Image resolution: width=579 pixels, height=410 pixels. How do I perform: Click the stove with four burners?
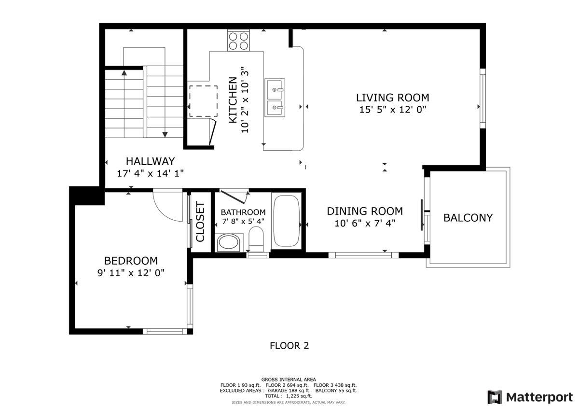pos(239,41)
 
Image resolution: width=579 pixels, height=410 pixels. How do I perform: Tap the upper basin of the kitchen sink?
pos(275,89)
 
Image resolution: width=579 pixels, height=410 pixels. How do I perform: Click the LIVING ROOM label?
pos(392,98)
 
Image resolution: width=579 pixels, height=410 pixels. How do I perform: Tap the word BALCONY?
pos(468,218)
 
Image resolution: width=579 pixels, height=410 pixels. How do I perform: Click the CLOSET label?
pos(200,222)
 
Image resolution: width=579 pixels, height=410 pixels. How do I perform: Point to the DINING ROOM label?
pos(365,211)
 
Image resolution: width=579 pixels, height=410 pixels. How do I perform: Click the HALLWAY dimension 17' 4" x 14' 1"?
pos(150,172)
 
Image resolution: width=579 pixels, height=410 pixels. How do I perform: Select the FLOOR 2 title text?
pos(289,345)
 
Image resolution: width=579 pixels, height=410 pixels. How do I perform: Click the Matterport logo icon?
pos(495,397)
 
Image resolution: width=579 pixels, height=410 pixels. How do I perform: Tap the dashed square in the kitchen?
pos(203,101)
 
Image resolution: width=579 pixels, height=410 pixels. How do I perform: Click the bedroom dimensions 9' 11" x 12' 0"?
pos(131,272)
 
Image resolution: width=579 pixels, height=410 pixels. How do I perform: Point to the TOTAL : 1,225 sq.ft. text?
pos(289,396)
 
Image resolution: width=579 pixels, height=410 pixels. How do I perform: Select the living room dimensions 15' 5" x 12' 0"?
pos(392,110)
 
